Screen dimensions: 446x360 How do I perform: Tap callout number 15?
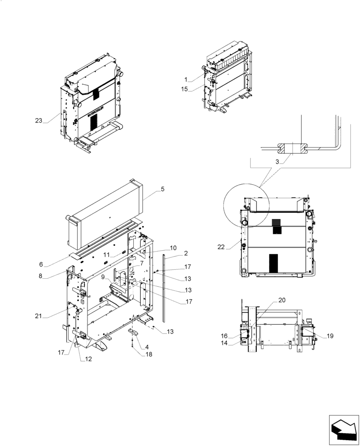coord(186,89)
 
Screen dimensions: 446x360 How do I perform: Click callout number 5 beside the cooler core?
coord(163,189)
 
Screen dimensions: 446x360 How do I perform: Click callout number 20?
coord(283,300)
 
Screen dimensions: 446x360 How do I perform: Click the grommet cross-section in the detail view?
coord(293,148)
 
